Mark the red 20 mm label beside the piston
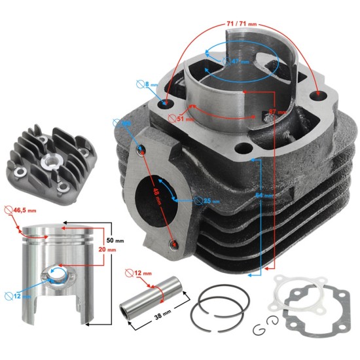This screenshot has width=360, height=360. (116, 249)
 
